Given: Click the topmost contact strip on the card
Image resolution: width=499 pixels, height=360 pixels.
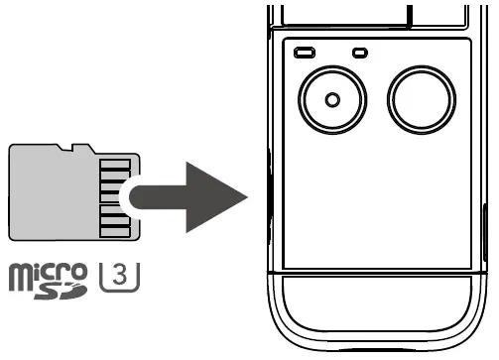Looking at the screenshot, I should click(x=116, y=163).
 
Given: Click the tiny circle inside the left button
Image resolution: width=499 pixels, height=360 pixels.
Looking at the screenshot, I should click(x=331, y=98).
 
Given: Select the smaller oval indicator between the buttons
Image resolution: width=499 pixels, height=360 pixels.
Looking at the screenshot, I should click(x=359, y=52).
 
